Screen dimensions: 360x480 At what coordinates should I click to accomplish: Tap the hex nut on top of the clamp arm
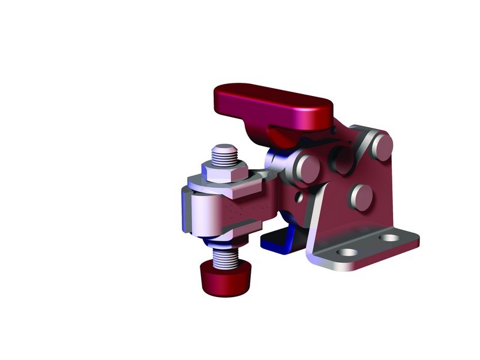click(x=223, y=171)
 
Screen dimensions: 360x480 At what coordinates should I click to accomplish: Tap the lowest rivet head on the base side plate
click(x=362, y=197)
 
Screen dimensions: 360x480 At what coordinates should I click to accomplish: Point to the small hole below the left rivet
click(x=299, y=196)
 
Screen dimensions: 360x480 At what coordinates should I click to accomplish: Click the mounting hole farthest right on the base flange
click(x=390, y=238)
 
